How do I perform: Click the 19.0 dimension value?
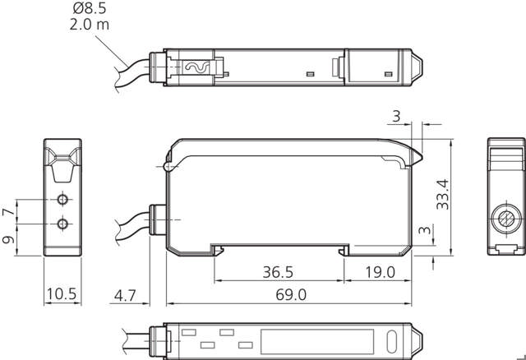click(x=379, y=270)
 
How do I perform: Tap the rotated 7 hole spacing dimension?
click(x=9, y=212)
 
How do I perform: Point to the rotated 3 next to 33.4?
click(x=423, y=232)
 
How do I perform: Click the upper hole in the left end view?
click(x=61, y=200)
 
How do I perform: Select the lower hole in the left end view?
click(x=61, y=224)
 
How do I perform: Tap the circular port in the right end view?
click(x=505, y=220)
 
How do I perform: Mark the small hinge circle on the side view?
click(x=168, y=168)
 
